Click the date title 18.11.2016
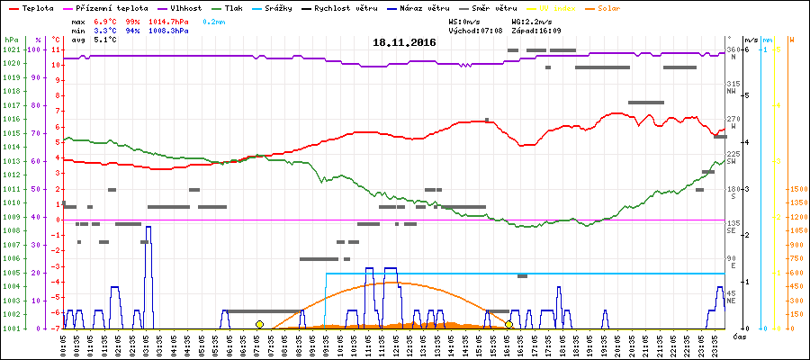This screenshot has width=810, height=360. point(405,42)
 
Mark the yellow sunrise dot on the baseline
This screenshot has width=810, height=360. point(259,324)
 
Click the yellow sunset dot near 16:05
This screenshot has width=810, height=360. point(508,324)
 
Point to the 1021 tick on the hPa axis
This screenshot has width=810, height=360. point(11,49)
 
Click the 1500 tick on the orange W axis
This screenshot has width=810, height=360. point(796,190)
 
